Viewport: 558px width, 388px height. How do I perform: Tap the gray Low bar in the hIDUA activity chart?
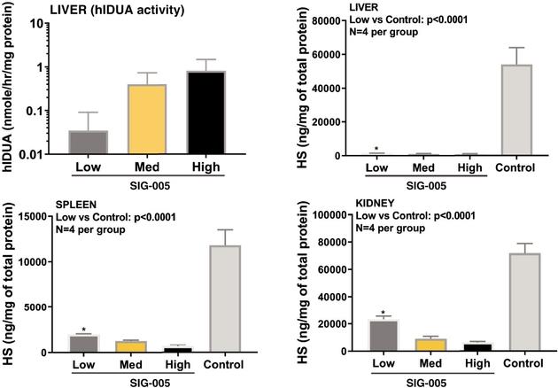(88, 143)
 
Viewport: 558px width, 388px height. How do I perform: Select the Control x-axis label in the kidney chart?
(521, 365)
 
